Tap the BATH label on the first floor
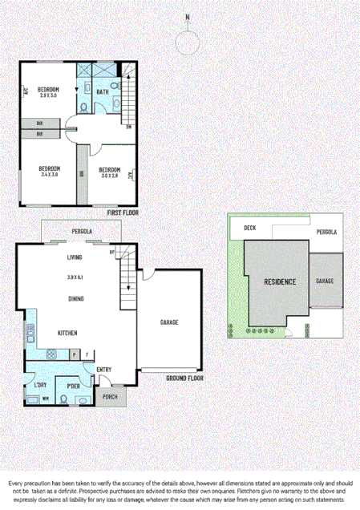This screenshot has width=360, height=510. [x=103, y=92]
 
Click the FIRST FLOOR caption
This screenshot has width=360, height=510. [x=122, y=213]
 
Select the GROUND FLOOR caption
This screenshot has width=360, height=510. [x=184, y=377]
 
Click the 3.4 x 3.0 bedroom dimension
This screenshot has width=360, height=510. [x=50, y=174]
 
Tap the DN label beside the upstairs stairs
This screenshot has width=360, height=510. [x=128, y=126]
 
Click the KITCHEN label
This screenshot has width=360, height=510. [x=67, y=332]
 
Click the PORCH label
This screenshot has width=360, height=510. [x=110, y=396]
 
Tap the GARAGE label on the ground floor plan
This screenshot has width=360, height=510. [x=169, y=322]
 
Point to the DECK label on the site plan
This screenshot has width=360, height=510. [x=249, y=228]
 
